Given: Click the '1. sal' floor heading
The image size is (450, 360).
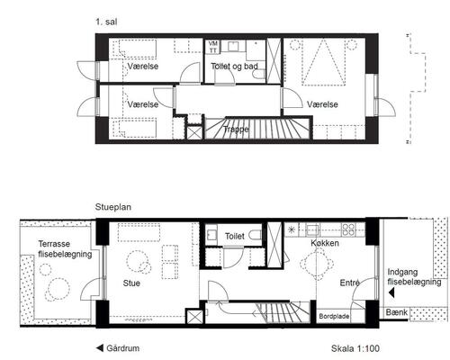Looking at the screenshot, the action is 106,22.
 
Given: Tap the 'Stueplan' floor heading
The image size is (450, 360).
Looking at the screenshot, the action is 113,207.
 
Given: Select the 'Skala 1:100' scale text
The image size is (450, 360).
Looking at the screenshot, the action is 355,348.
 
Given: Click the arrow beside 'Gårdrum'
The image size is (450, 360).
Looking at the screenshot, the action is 100,348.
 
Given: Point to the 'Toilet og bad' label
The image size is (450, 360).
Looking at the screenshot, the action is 234,67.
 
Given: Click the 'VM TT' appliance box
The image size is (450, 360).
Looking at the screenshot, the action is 213,47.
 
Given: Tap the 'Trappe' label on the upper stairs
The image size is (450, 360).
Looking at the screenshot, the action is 236,130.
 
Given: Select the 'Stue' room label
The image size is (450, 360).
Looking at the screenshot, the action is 131,283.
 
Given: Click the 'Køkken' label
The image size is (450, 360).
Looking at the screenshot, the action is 325,243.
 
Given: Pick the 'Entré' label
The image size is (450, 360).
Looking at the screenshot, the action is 350,283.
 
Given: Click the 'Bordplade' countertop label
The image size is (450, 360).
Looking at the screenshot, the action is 334,316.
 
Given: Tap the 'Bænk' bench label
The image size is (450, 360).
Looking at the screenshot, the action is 397,312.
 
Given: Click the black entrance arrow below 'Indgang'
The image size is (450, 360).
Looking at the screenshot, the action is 391,292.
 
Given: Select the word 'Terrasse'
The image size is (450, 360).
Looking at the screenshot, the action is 54,244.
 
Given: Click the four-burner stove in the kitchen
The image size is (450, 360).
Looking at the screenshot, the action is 348,229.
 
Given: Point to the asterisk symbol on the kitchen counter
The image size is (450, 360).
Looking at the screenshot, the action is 292,229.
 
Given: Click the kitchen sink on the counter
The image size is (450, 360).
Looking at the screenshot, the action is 312,229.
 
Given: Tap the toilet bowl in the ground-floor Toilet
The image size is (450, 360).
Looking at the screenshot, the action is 256,235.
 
